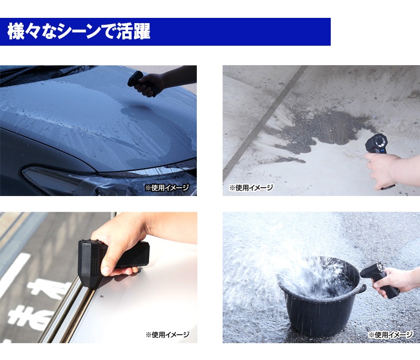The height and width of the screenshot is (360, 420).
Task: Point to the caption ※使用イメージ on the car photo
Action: pyautogui.click(x=167, y=188)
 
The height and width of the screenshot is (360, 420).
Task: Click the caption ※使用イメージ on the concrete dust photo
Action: pyautogui.click(x=251, y=188)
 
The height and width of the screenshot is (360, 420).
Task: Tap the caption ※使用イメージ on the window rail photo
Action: pyautogui.click(x=167, y=335)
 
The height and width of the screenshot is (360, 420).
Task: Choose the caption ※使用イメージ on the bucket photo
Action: pyautogui.click(x=390, y=335)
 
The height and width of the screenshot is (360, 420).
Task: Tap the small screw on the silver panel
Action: pyautogui.click(x=102, y=296)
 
